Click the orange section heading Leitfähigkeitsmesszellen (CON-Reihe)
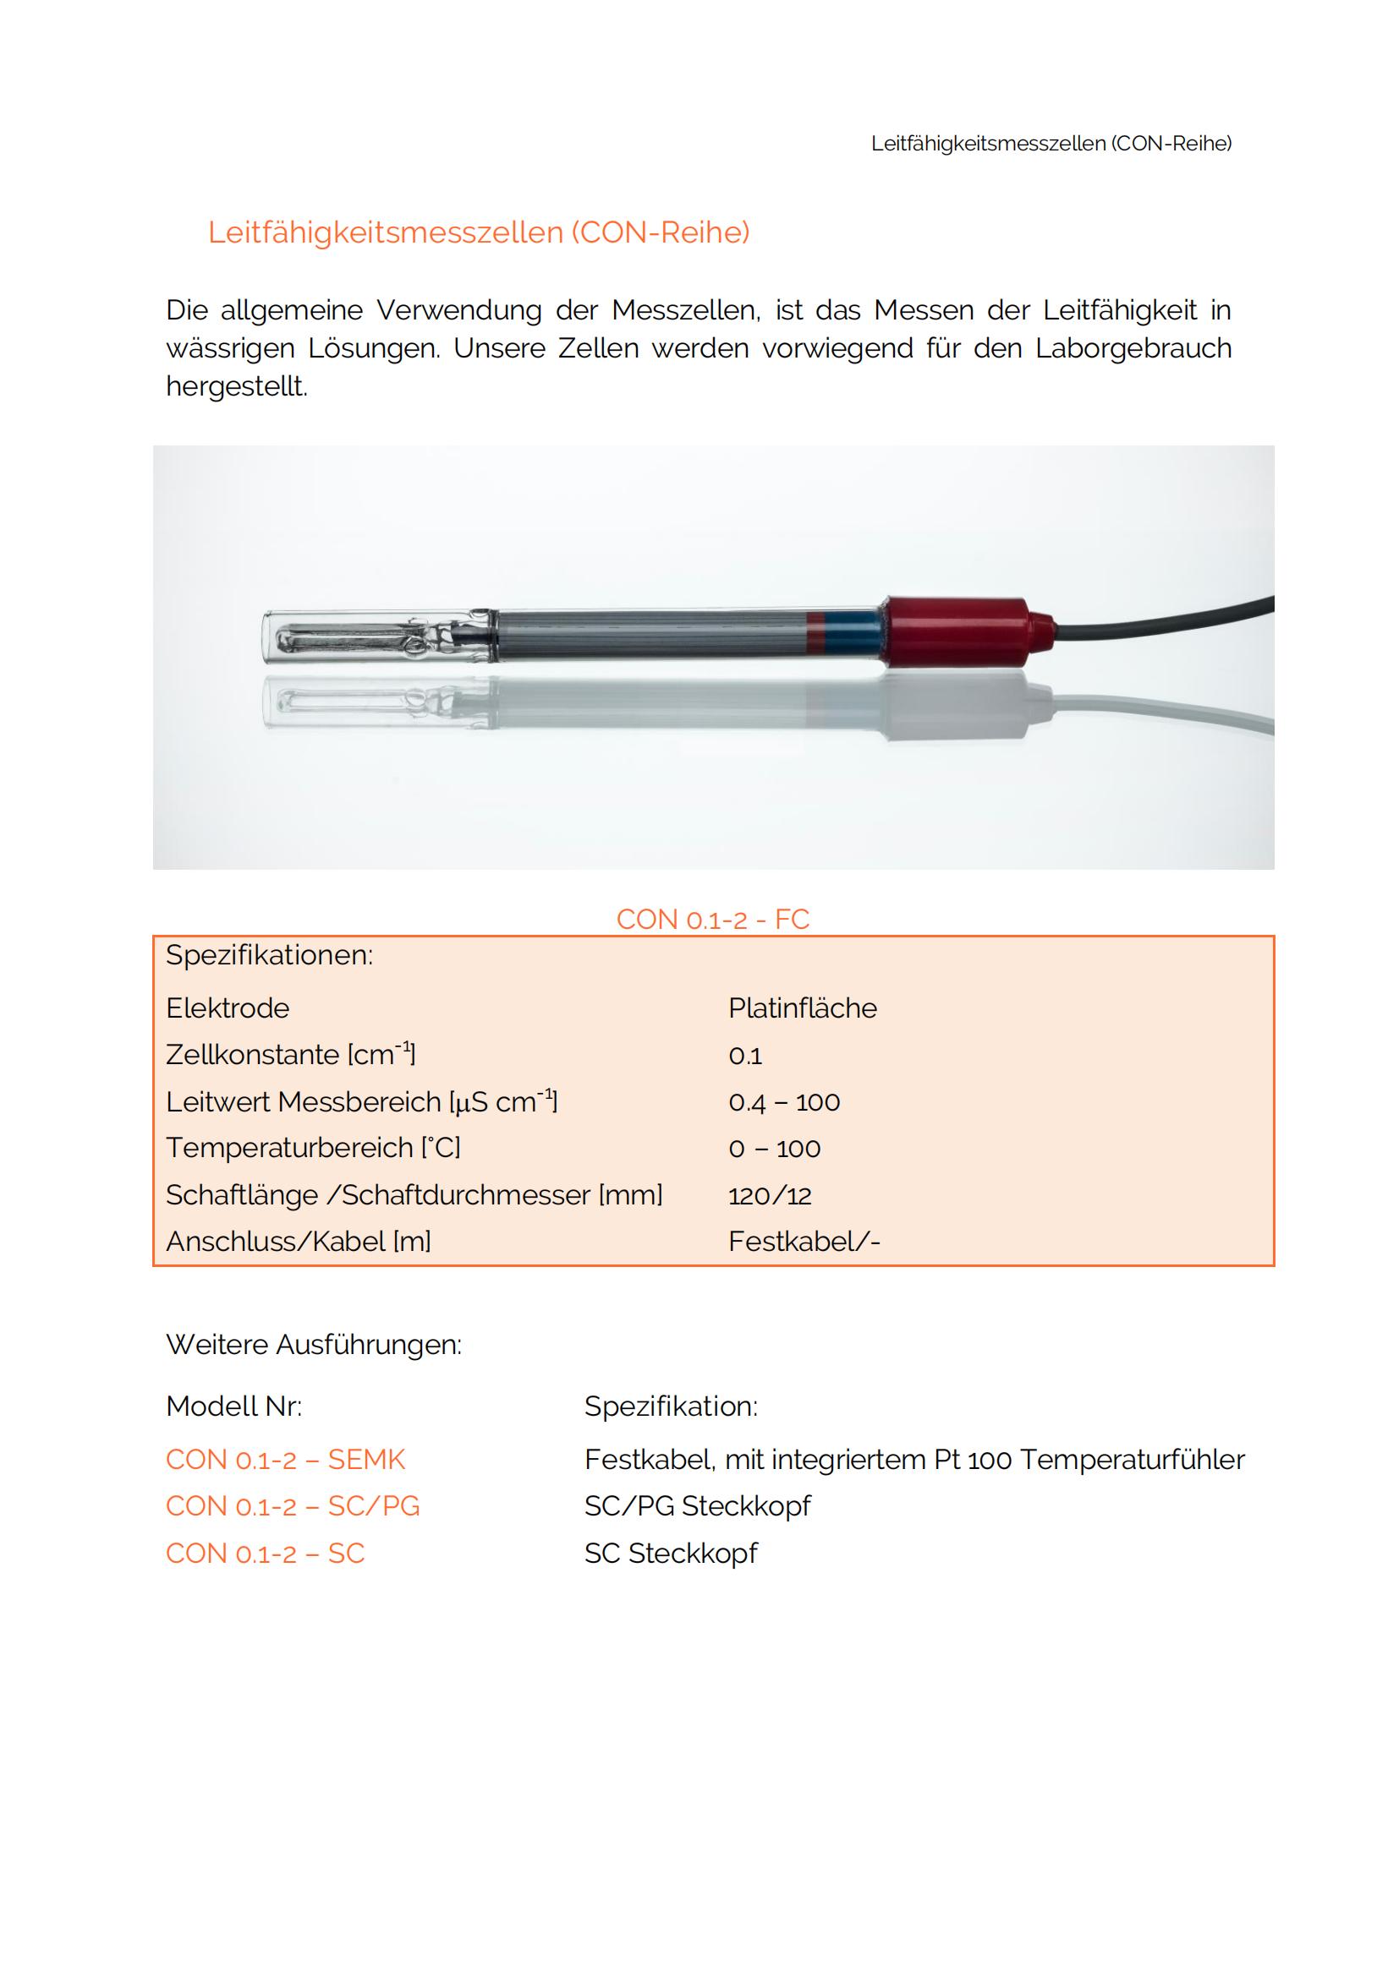point(478,232)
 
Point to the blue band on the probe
point(851,631)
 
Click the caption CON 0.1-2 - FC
point(712,920)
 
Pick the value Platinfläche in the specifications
point(802,1008)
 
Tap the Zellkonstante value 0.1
point(745,1056)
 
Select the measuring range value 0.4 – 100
point(784,1102)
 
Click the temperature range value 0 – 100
point(775,1149)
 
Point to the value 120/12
point(769,1195)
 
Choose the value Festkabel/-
point(804,1242)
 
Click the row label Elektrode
point(228,1008)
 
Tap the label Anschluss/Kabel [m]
point(298,1242)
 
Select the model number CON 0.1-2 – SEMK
point(285,1460)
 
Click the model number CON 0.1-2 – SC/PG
point(293,1506)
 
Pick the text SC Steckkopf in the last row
point(670,1554)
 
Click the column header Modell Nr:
point(233,1406)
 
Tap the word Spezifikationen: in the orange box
point(269,956)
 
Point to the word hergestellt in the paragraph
point(235,386)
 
